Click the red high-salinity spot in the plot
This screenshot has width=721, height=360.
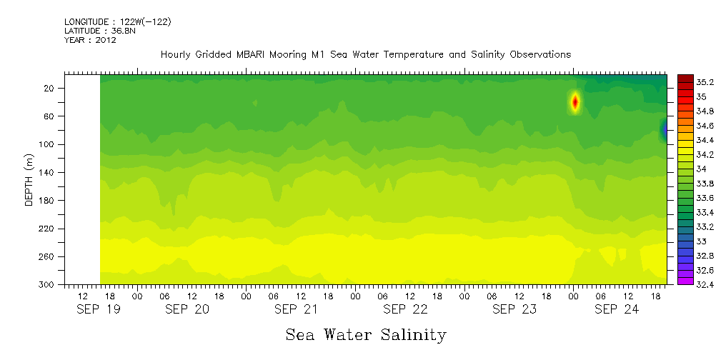click(x=575, y=102)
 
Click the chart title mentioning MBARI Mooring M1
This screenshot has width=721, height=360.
click(x=365, y=54)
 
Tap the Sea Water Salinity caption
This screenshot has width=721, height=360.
click(x=366, y=334)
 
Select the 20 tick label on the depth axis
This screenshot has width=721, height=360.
click(x=49, y=89)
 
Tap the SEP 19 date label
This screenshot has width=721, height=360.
click(x=98, y=309)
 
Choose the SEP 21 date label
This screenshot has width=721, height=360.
click(x=297, y=309)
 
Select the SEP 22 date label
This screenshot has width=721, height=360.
click(x=405, y=309)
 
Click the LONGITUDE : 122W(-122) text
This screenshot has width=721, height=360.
click(x=117, y=22)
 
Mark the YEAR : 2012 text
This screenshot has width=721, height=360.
click(x=90, y=41)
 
